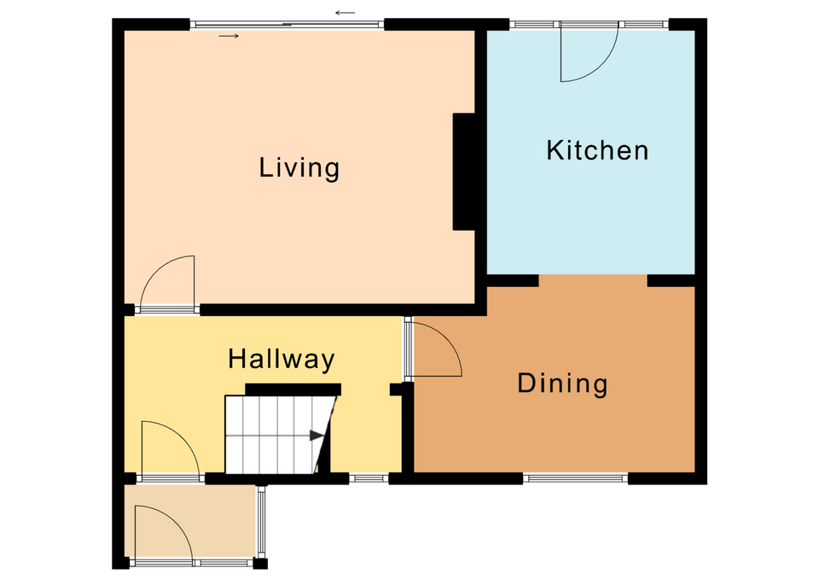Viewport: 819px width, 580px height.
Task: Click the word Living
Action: tap(299, 168)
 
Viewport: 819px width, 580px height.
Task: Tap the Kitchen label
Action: tap(597, 150)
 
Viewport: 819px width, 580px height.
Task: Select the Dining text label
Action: tap(562, 384)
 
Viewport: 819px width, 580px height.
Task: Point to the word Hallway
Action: tap(281, 360)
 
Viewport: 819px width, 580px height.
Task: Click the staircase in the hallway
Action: tap(280, 435)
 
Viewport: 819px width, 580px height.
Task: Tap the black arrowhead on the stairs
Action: tap(317, 435)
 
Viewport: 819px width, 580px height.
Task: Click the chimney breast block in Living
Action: tap(464, 172)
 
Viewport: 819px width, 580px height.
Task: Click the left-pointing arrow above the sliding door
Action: tap(346, 13)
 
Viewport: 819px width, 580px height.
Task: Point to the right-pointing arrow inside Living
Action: tap(229, 36)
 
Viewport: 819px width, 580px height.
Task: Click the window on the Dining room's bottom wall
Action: tap(575, 477)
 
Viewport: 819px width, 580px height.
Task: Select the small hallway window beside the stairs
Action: tap(369, 477)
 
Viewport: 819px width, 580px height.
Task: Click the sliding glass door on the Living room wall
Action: tap(287, 24)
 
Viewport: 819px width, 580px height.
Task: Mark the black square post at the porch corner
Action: tap(260, 563)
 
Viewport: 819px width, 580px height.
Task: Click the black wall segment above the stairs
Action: tap(293, 390)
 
